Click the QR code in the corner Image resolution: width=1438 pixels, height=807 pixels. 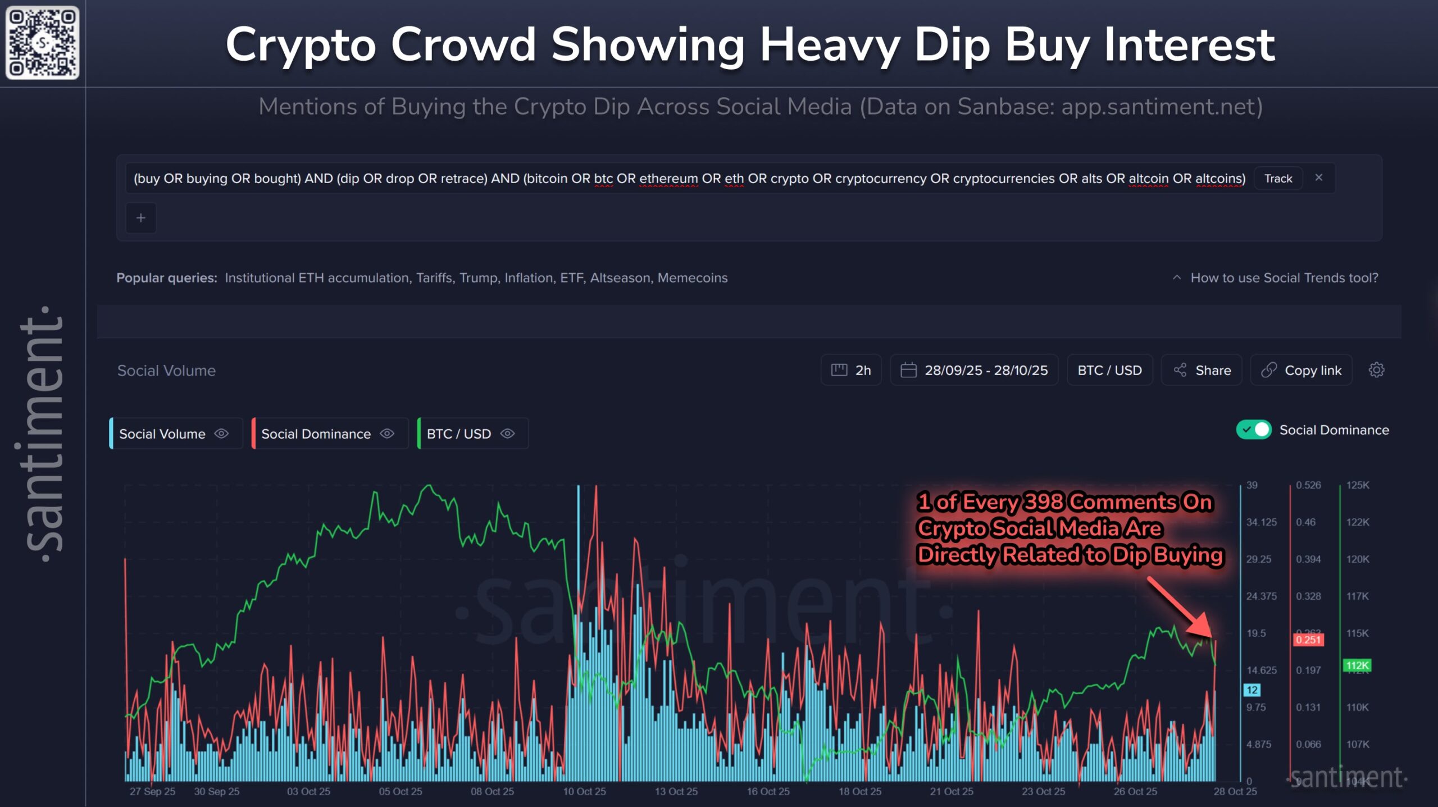[42, 43]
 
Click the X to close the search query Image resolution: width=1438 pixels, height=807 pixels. [1318, 177]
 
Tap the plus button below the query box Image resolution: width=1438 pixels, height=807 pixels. [141, 218]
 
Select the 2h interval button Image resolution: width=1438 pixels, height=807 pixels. [851, 370]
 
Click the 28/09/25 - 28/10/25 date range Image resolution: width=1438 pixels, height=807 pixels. [975, 370]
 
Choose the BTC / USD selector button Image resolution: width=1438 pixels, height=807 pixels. [1109, 370]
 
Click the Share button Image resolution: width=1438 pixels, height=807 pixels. [1202, 370]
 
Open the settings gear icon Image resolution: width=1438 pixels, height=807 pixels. [1376, 370]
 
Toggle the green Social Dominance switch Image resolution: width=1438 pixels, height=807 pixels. [1254, 430]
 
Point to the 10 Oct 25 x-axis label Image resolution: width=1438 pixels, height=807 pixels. [584, 791]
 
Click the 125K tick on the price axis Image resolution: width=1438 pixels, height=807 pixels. [1358, 485]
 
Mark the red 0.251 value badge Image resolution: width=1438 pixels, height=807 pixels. [1308, 640]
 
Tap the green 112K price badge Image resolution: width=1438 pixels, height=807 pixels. [1357, 665]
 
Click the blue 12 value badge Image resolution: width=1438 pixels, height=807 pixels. [1252, 690]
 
